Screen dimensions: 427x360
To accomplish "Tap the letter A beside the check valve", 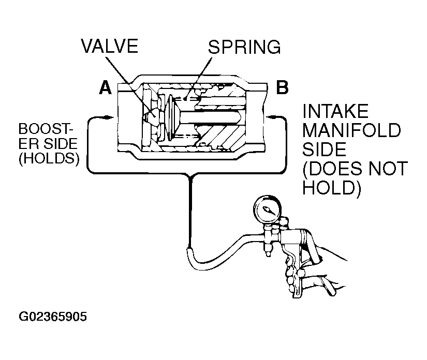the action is pos(106,87).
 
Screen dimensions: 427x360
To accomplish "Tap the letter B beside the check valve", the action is pos(282,87).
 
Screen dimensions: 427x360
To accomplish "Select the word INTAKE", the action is pos(335,111).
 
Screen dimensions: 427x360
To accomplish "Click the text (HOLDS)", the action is pos(49,158).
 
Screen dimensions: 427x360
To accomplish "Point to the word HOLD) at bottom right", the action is pos(332,188).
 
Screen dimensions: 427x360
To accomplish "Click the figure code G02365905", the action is pos(53,317).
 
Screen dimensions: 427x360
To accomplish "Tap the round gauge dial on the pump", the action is pos(267,209).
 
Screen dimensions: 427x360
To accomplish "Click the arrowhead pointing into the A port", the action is pos(109,117).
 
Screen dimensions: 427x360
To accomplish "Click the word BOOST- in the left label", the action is pos(46,129).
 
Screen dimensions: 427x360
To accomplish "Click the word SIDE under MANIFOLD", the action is pos(325,149).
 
